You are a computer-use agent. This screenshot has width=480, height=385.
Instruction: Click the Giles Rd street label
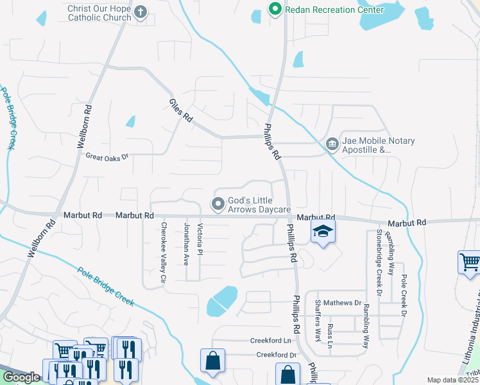181,110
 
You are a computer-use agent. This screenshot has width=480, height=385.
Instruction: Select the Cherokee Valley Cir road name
164,253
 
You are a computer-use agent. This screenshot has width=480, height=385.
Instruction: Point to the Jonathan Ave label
186,244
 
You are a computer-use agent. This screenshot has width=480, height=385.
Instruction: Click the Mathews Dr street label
342,302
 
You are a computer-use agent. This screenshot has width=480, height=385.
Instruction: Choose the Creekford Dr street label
277,355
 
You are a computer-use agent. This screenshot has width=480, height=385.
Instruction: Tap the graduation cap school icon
323,232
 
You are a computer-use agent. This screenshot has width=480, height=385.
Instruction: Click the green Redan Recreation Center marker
275,10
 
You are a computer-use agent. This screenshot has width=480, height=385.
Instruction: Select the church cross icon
141,12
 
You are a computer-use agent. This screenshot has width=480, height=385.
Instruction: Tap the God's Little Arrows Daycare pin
218,205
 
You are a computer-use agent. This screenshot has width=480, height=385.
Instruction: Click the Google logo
22,377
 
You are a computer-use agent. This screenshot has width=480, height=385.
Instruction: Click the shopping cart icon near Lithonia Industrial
469,262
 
